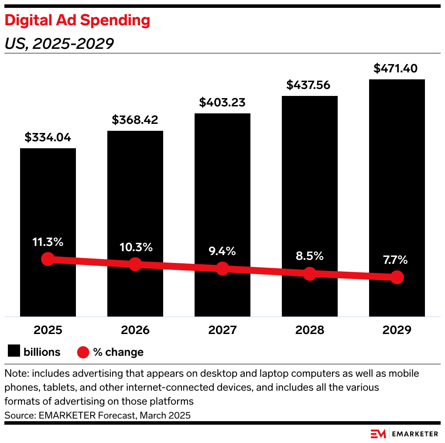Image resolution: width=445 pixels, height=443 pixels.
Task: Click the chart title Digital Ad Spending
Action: tap(77, 20)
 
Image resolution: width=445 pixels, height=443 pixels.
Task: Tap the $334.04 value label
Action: tap(48, 138)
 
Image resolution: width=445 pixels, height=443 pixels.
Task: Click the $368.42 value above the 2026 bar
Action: tap(135, 120)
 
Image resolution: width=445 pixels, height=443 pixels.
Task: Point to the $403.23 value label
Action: tap(222, 102)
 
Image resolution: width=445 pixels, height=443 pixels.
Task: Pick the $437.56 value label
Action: tap(310, 85)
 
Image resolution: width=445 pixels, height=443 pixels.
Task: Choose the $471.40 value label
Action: tap(396, 68)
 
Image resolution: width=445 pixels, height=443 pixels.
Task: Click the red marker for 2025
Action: tap(48, 259)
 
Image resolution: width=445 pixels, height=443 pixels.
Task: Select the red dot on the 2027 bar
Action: tap(222, 269)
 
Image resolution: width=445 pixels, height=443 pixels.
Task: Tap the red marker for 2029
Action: tap(397, 277)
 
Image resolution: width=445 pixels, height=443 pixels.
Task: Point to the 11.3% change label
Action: tap(48, 242)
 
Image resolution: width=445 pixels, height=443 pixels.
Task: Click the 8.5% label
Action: tap(310, 256)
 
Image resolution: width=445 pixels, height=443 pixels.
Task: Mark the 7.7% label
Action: tap(397, 260)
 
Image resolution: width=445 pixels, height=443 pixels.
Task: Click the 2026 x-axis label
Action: tap(135, 330)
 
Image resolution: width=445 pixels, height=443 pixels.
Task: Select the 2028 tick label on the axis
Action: tap(310, 330)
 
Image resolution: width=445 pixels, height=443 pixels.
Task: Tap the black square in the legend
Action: tap(14, 351)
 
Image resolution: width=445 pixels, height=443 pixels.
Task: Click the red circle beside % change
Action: tap(83, 352)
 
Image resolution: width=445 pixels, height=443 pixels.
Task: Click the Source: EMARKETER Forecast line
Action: tap(97, 416)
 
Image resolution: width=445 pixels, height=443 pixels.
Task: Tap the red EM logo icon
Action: tap(378, 433)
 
